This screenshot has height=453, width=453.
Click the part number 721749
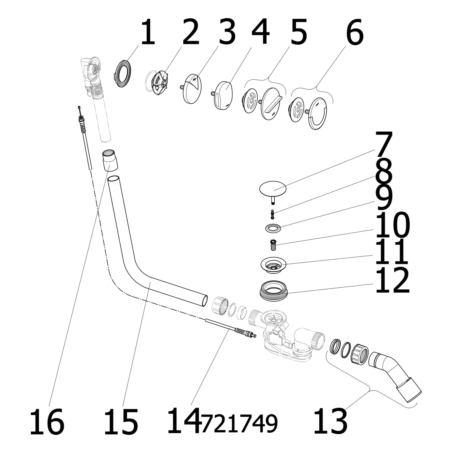(x=239, y=424)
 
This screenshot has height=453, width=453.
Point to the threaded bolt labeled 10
(x=273, y=244)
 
